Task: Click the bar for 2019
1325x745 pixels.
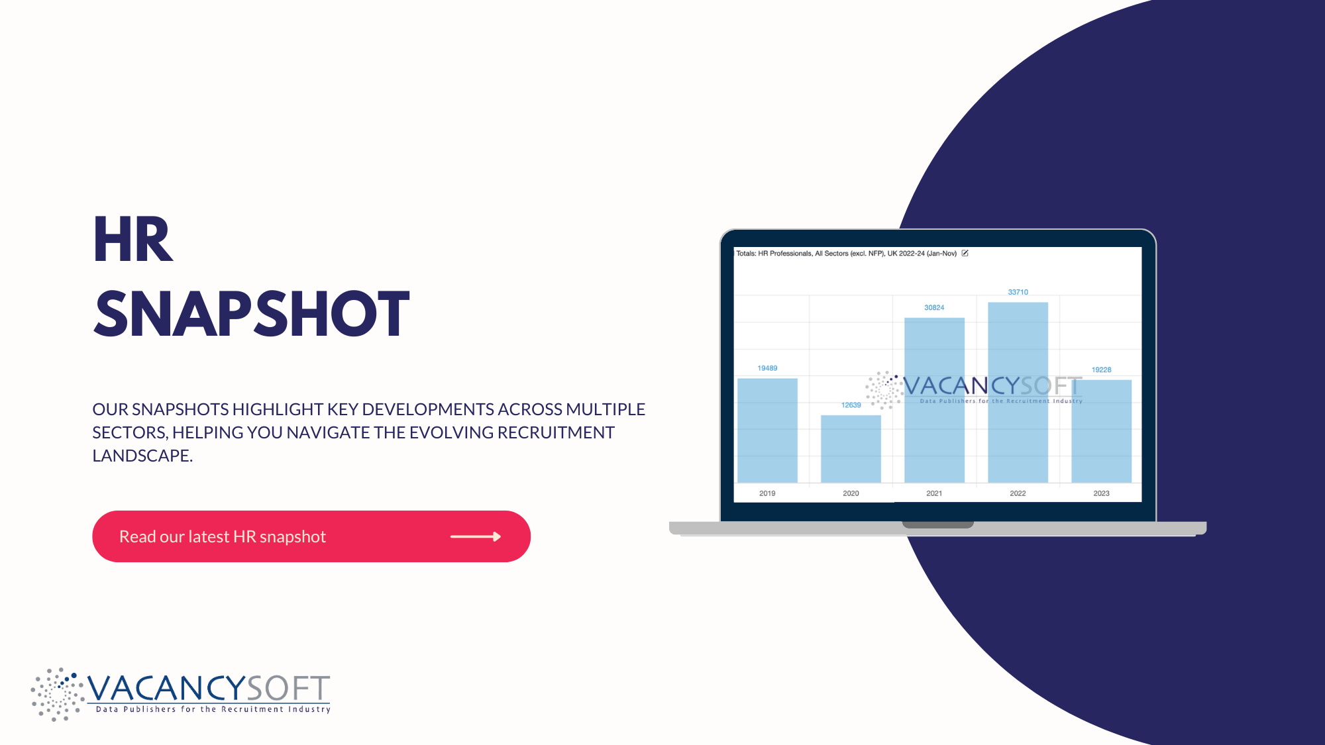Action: (767, 430)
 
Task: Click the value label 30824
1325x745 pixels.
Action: (934, 308)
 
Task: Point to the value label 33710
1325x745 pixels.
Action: (1018, 292)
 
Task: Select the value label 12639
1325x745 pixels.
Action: (851, 405)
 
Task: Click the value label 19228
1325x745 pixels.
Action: (1101, 370)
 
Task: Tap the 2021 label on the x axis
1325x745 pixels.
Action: (934, 493)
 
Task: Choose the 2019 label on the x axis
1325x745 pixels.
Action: (767, 493)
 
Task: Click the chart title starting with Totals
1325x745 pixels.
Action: (846, 254)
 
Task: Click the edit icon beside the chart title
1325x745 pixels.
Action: (965, 253)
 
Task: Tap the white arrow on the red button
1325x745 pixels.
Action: (476, 536)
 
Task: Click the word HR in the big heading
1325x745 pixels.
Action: (133, 240)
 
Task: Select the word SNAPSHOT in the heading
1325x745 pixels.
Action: (252, 314)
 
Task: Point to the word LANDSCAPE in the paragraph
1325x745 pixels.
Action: (142, 456)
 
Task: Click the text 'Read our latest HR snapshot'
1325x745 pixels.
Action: (223, 536)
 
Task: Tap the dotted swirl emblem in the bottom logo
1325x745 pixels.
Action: (57, 694)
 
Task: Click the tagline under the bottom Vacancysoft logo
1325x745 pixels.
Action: (213, 709)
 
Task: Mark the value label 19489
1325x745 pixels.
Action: (767, 368)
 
